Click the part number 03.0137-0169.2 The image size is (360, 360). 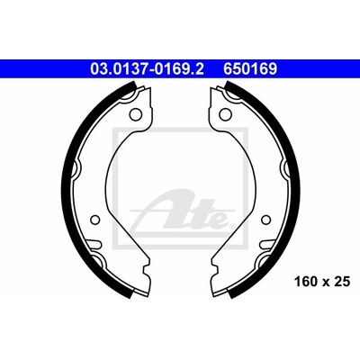click(147, 68)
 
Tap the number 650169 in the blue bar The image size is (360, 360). click(249, 68)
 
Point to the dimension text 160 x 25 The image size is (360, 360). click(322, 282)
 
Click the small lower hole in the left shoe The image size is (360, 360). click(94, 220)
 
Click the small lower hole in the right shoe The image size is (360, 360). click(265, 220)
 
